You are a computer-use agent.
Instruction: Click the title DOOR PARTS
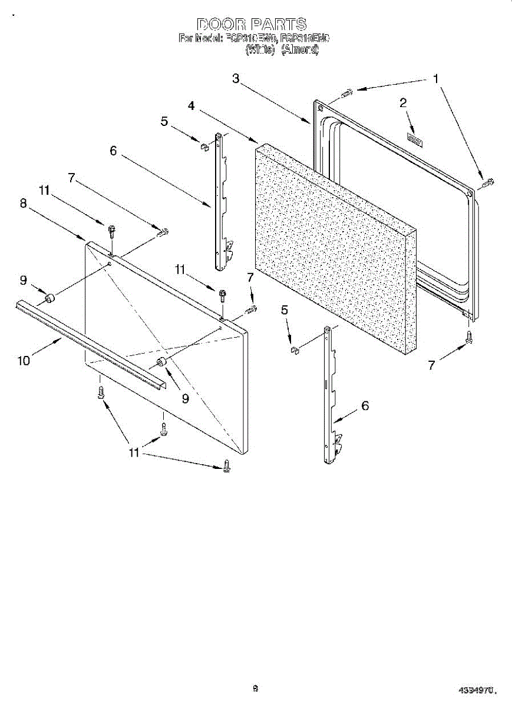(252, 24)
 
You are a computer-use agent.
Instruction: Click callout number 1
(436, 79)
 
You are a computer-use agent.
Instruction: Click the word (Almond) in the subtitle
(300, 50)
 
